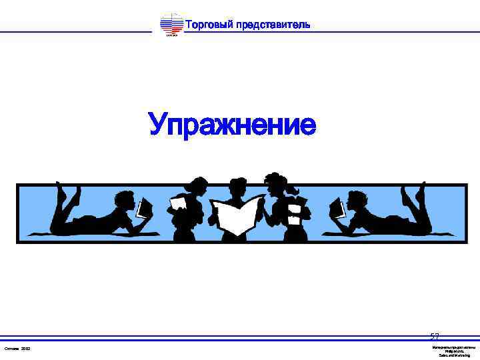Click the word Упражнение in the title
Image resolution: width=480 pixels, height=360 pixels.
232,125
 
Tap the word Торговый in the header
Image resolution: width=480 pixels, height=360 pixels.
209,25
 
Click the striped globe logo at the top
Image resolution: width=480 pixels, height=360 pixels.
172,25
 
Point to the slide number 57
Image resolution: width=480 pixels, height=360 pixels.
435,337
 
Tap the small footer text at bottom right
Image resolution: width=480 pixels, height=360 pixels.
453,351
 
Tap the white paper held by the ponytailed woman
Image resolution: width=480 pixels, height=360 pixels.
179,203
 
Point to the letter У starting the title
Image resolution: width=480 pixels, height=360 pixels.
157,125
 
